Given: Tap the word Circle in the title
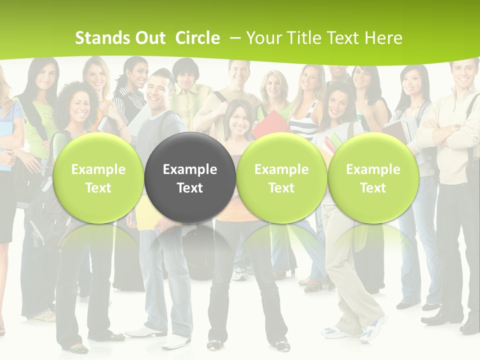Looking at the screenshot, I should click(x=197, y=38).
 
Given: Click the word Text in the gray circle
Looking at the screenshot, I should click(x=190, y=188).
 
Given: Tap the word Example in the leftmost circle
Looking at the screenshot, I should click(x=98, y=169).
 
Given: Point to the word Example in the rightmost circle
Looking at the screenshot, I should click(x=373, y=169).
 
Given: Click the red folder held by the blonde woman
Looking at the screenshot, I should click(x=270, y=123).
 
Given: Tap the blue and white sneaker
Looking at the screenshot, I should click(x=335, y=331).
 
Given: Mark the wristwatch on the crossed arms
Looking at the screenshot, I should click(x=456, y=128).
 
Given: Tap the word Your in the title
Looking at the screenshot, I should click(x=262, y=38).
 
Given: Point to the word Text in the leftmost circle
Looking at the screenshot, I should click(x=98, y=188).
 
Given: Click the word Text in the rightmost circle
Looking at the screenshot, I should click(x=373, y=188).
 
